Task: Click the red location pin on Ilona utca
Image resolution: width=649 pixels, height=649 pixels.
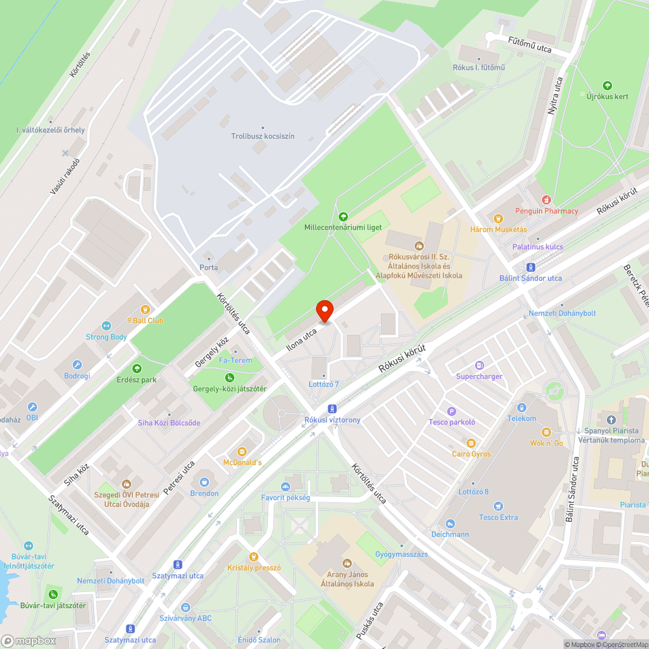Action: click(x=324, y=311)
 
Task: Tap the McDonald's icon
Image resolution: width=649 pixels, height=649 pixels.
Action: click(x=242, y=451)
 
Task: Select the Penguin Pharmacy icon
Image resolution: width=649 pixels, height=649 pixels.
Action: click(x=546, y=200)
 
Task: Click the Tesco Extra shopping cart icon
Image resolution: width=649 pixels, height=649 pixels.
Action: click(x=498, y=506)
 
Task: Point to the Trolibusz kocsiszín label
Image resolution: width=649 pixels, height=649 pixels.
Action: click(x=263, y=136)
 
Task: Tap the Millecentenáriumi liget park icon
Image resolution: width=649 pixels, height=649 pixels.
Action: click(x=343, y=216)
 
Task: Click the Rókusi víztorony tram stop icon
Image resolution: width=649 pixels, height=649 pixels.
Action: click(x=332, y=408)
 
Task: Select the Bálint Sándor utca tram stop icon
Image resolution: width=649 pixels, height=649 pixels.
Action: click(x=530, y=267)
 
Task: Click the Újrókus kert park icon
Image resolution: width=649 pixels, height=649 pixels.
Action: click(x=607, y=85)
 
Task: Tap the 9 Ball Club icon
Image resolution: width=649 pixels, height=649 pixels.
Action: click(x=145, y=310)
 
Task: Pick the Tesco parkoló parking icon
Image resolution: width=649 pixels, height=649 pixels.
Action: click(x=452, y=411)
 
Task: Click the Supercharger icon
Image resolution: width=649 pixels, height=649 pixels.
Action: click(x=479, y=365)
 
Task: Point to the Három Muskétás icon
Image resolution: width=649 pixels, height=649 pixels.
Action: click(x=498, y=219)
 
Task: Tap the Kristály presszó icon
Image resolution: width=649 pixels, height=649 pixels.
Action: click(x=254, y=556)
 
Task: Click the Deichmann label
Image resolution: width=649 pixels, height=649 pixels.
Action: click(x=450, y=534)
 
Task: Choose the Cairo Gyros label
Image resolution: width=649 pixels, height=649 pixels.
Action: click(x=471, y=454)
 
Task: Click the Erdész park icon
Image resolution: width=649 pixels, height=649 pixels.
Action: click(x=137, y=369)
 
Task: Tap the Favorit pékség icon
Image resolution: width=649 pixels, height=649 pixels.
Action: click(x=286, y=487)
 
